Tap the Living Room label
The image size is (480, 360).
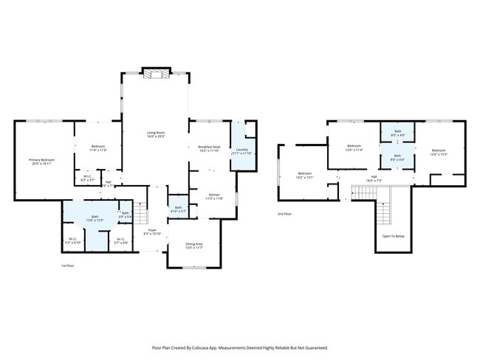(x=155, y=134)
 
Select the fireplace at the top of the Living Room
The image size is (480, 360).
(x=155, y=73)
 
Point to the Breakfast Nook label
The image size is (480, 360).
(x=210, y=148)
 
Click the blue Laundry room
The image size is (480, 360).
(x=242, y=150)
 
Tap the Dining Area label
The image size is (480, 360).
(x=194, y=244)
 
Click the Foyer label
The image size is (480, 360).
(x=152, y=232)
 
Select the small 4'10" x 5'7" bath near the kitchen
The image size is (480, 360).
(x=179, y=210)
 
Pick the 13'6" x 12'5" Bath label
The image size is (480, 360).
(x=95, y=218)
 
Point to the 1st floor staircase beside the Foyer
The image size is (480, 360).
(x=141, y=214)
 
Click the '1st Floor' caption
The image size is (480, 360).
(x=69, y=266)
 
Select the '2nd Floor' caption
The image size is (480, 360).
(x=285, y=214)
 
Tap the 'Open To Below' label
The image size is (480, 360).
(x=392, y=236)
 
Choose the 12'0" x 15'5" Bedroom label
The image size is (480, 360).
(x=439, y=151)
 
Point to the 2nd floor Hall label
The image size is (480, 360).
(x=374, y=177)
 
